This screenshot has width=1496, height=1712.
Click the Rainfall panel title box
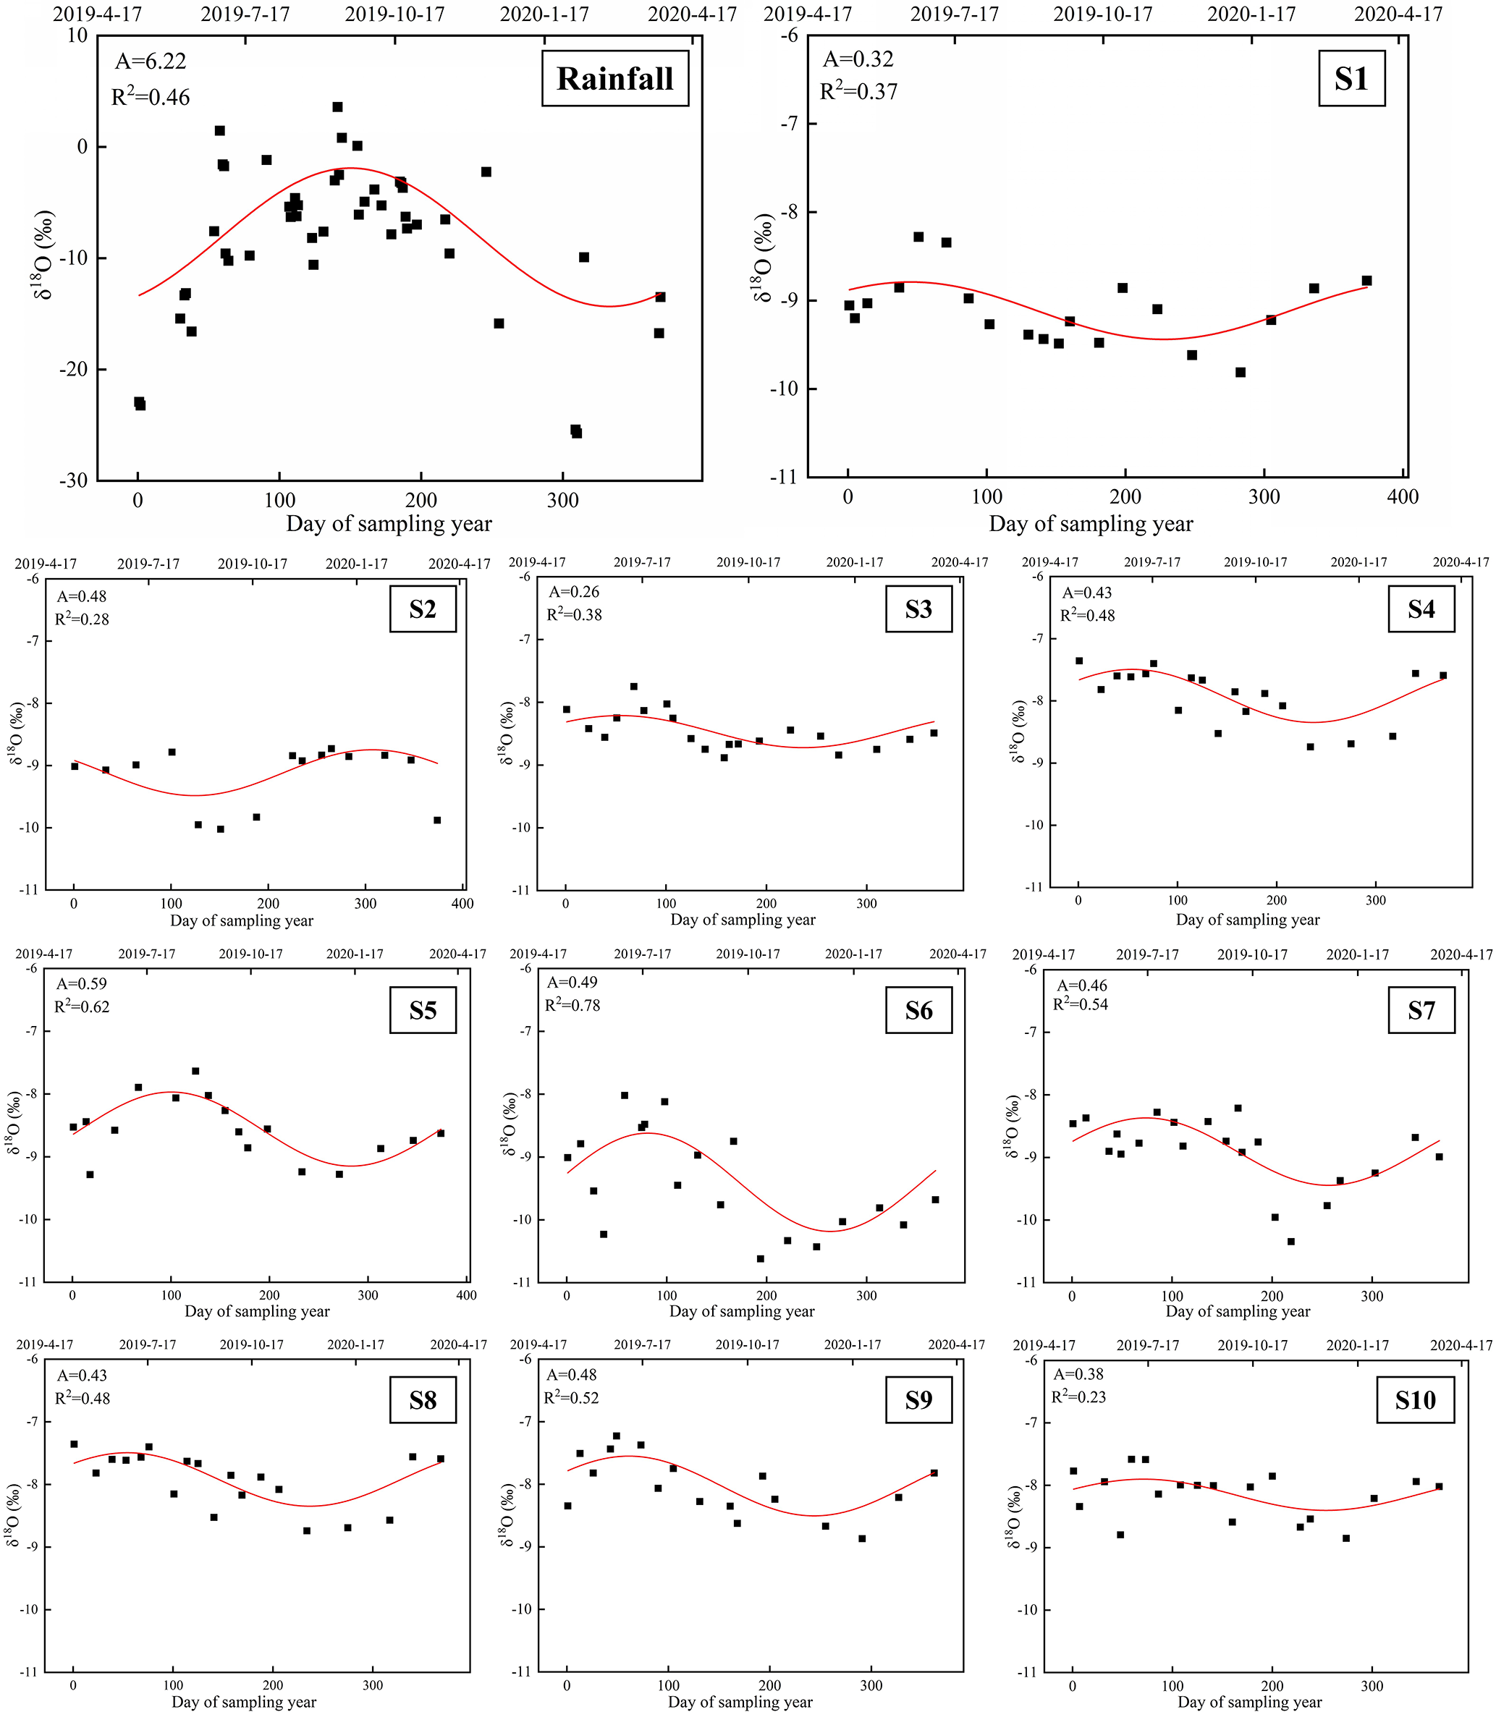click(614, 78)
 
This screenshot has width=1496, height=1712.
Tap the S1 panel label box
click(1351, 78)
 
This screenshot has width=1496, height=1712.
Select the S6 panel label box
click(918, 1011)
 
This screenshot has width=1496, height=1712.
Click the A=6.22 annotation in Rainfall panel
click(151, 61)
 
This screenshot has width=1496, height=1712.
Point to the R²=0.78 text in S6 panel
click(572, 1006)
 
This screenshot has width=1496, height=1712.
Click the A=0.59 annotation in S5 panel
click(81, 983)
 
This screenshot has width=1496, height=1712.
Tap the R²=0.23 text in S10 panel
click(1078, 1397)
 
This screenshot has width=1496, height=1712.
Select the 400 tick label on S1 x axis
click(1403, 498)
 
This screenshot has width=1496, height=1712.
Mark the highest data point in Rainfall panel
click(337, 107)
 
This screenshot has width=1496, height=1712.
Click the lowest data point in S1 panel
click(1241, 372)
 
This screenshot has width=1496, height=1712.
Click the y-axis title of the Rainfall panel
click(43, 255)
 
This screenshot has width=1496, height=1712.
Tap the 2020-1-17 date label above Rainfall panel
click(544, 14)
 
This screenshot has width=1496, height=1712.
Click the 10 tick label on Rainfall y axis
click(77, 36)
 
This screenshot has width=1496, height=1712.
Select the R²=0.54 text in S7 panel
click(1081, 1005)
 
